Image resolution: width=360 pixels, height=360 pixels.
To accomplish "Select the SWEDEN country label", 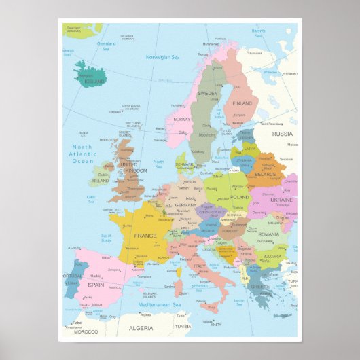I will pos(207,93).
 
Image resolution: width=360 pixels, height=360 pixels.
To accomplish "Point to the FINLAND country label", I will pos(242,103).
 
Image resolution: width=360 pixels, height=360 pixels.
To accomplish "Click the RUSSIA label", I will pos(282,134).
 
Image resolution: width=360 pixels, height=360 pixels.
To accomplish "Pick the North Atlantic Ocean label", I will pos(82,154).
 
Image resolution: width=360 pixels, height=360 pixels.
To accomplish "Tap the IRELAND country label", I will pos(99,181).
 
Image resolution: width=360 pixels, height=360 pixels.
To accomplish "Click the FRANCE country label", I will pos(145,236).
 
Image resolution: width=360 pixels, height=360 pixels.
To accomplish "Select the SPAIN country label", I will pos(95,285).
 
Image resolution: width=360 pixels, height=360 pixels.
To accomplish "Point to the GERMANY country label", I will pos(185,204).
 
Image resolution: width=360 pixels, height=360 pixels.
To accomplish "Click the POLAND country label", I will pos(240,197).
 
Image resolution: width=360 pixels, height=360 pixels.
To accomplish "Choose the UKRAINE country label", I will pos(281,200).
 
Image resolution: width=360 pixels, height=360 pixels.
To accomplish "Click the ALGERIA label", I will pos(141,327).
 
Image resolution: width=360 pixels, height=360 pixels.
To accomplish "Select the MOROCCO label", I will pos(86,331).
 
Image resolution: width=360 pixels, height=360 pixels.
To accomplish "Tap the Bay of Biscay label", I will pos(106,239).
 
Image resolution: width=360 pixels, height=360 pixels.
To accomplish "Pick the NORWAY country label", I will pos(181,119).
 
